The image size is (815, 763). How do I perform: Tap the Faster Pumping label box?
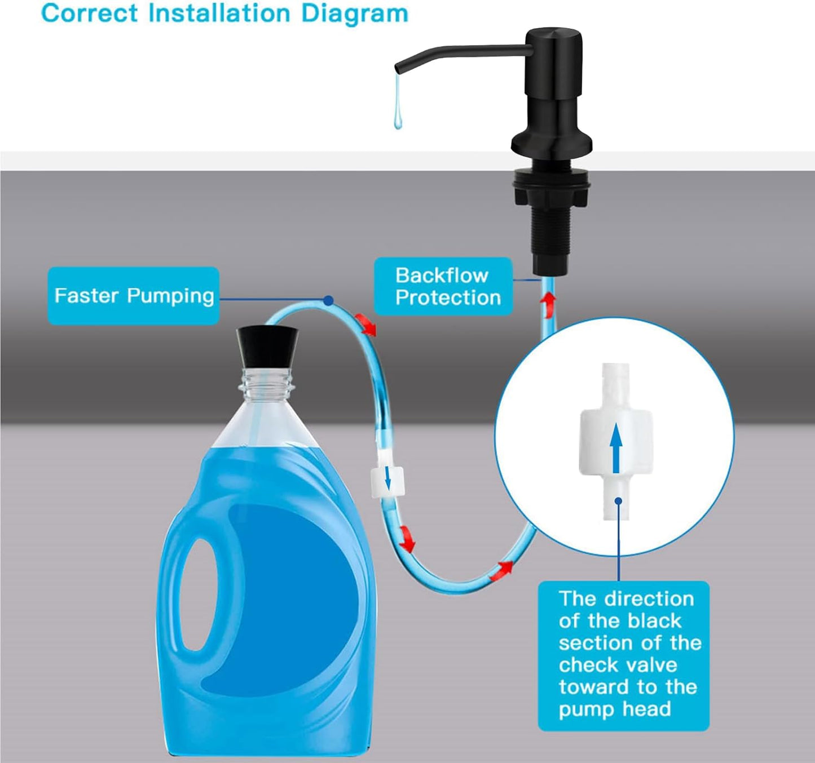click(133, 296)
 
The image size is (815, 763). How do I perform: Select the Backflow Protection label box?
click(444, 286)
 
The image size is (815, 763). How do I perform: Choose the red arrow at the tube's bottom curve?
click(501, 570)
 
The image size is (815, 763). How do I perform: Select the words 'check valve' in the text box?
click(618, 665)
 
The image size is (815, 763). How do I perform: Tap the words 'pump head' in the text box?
click(615, 709)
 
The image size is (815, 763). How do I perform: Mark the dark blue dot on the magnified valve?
click(618, 500)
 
